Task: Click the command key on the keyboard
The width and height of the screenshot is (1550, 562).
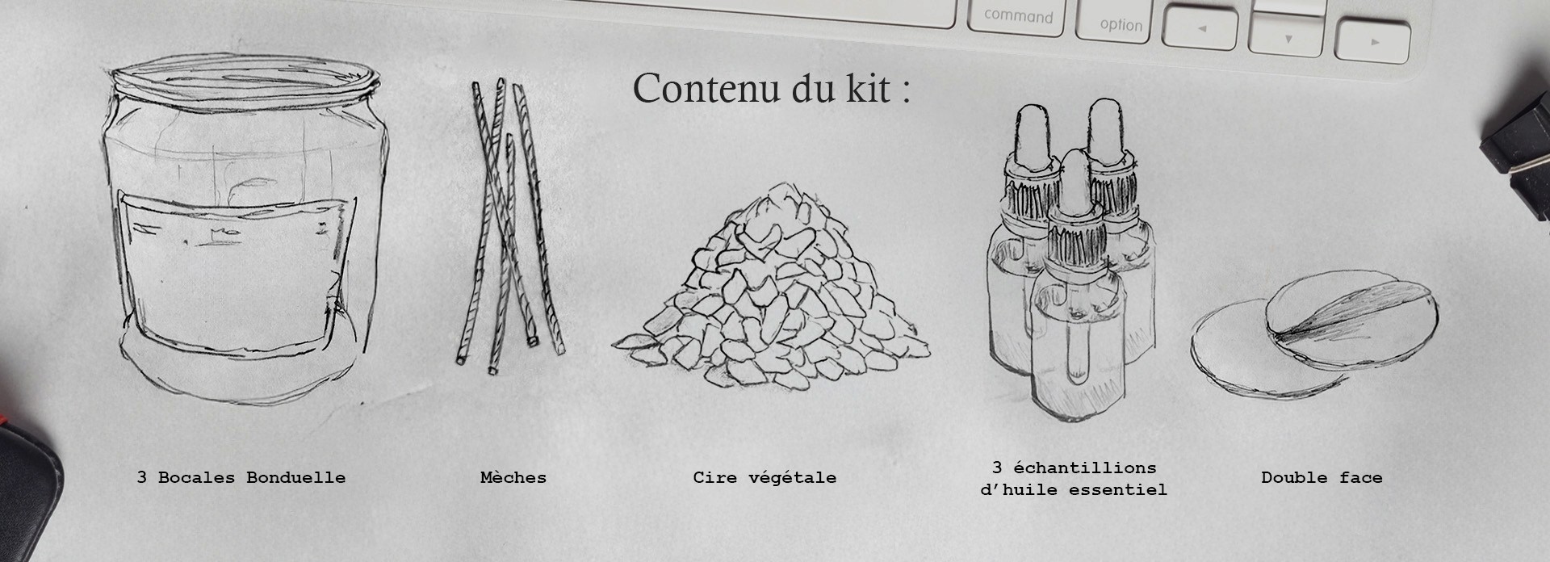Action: (x=1019, y=17)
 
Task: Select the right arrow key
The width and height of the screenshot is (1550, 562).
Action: (x=1372, y=41)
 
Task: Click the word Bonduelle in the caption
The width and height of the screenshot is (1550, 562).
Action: (x=296, y=477)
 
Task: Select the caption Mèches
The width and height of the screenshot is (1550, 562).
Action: (x=513, y=477)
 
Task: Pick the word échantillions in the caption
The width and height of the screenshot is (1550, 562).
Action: (x=1085, y=468)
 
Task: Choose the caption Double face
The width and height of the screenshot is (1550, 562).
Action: (x=1322, y=477)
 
